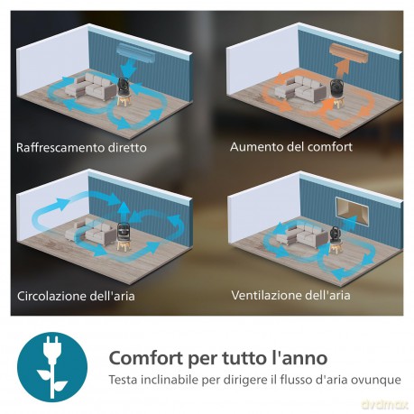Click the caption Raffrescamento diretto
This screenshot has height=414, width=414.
click(81, 148)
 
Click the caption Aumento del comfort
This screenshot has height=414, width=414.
click(291, 147)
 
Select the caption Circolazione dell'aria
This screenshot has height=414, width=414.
click(76, 296)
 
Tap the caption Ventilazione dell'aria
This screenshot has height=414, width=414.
click(290, 295)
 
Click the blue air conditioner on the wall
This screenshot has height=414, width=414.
click(137, 52)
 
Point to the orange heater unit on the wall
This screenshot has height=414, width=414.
click(349, 53)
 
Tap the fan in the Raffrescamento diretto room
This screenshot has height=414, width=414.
click(124, 91)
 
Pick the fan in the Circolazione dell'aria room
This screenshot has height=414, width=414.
click(124, 236)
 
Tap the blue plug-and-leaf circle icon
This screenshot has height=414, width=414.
click(52, 367)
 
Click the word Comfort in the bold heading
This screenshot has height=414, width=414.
click(146, 358)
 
